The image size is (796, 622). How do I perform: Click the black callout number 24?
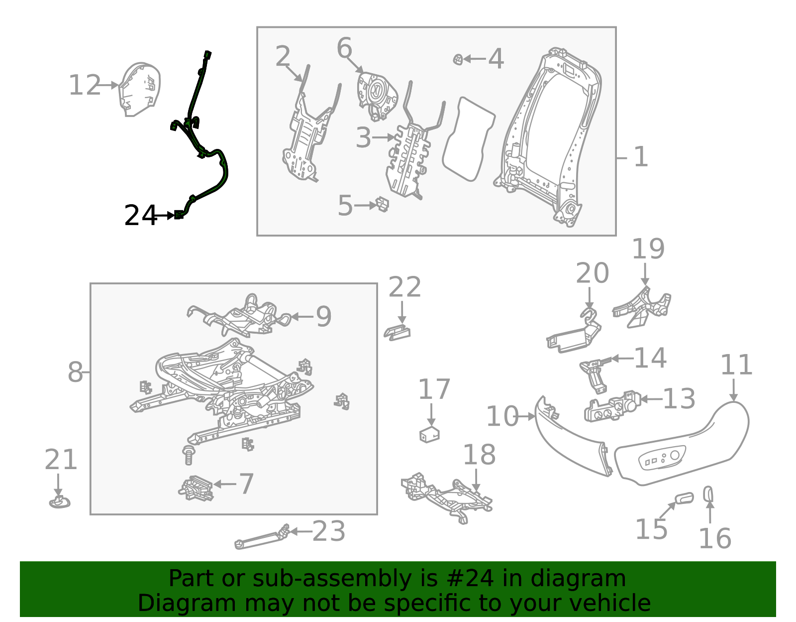tap(140, 216)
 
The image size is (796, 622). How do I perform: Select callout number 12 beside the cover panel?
tap(85, 85)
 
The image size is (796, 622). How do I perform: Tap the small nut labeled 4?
tap(458, 60)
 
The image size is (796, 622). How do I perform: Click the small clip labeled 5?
tap(382, 204)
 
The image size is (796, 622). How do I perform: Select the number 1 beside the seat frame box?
tap(641, 157)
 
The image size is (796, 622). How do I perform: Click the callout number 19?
tap(648, 249)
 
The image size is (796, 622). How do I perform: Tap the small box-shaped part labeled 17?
tap(429, 434)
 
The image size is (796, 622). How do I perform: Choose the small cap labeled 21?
tap(60, 502)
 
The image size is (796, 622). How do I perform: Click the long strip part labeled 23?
tap(261, 539)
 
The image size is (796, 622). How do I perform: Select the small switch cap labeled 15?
tap(684, 498)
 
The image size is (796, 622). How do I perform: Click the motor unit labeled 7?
tap(197, 488)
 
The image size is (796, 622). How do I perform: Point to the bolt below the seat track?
tap(189, 455)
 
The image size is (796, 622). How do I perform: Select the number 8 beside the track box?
tap(75, 372)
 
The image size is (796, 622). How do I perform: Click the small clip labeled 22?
tap(397, 332)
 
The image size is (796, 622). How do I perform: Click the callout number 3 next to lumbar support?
tap(363, 137)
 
